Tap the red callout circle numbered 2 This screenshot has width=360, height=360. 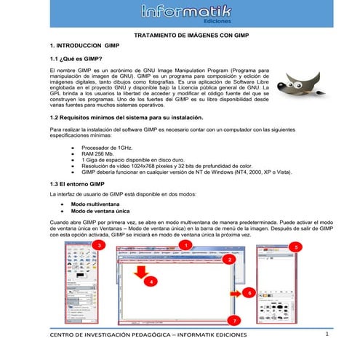click(x=230, y=259)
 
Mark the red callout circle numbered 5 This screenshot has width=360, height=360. click(x=294, y=247)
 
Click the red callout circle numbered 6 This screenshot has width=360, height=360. click(x=248, y=292)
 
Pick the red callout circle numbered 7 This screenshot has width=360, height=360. click(x=233, y=319)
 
